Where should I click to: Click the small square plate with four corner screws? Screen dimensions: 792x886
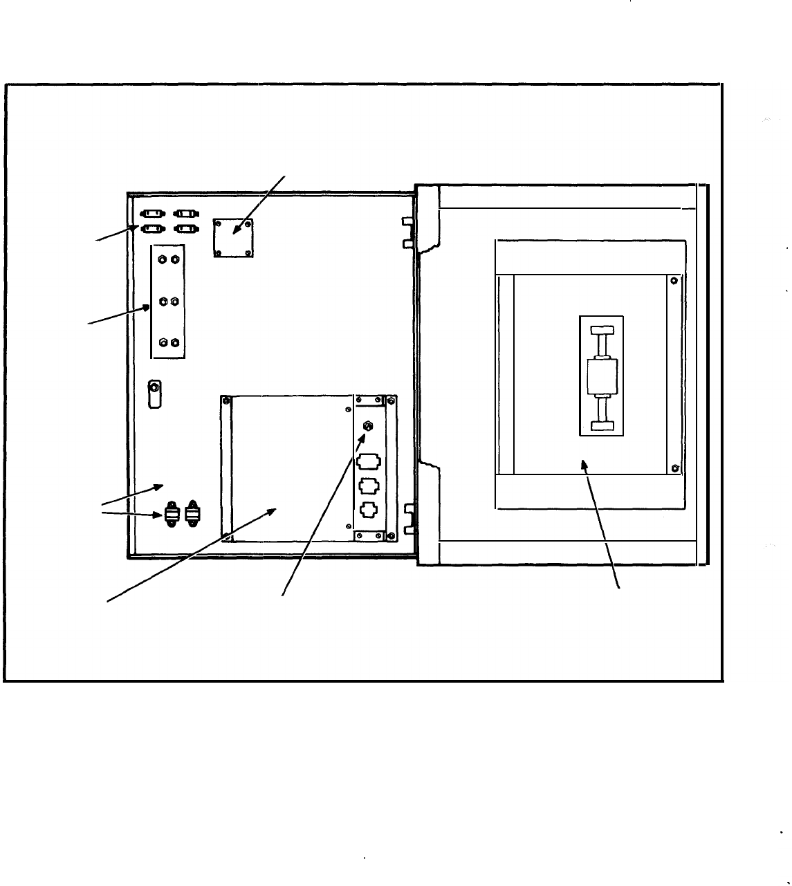[234, 238]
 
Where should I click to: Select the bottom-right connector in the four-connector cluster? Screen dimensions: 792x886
[184, 228]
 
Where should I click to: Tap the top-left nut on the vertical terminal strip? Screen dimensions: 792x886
[161, 259]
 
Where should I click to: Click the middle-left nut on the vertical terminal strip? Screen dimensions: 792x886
[161, 301]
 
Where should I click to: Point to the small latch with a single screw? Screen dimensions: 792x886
[156, 394]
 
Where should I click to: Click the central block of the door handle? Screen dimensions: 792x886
[600, 376]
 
